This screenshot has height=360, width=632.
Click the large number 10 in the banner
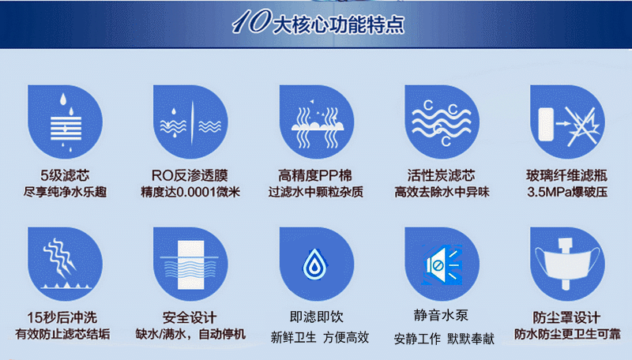pos(251,21)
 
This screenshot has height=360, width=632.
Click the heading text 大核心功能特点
pos(338,24)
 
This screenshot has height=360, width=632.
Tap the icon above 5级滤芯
pos(65,122)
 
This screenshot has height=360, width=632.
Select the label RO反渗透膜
pos(190,175)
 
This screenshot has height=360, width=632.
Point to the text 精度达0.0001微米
pos(190,192)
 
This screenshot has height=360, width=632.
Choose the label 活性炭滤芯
pos(442,175)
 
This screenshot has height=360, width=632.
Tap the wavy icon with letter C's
pos(442,122)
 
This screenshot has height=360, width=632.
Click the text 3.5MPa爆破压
pos(567,192)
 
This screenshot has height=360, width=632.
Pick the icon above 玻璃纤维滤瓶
pos(567,122)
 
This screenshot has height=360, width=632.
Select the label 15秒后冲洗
pos(62,317)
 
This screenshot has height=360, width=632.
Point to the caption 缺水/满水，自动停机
pos(190,334)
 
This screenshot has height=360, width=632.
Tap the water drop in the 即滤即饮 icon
pos(314,264)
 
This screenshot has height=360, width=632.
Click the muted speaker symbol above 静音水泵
pos(442,264)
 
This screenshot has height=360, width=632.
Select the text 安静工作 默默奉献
pos(444,339)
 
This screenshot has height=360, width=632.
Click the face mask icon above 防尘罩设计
pos(567,264)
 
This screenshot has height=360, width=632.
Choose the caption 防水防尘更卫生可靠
pos(567,334)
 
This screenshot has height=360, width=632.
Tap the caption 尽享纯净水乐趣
pos(65,192)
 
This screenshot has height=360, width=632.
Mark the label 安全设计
pos(190,317)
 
